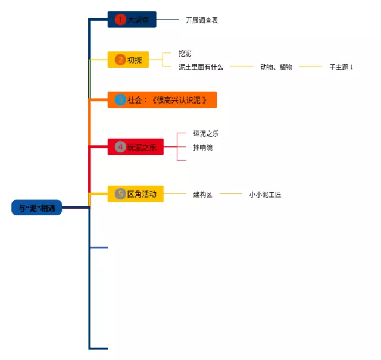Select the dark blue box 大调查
(132, 20)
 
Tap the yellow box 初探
(129, 60)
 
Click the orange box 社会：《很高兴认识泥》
(162, 100)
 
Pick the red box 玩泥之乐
(136, 147)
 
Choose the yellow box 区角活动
(136, 193)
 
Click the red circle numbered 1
(121, 20)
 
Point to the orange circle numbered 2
(121, 60)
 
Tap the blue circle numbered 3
(121, 100)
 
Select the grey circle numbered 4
(121, 147)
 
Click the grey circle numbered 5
(121, 193)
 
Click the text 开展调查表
(202, 20)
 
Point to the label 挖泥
(185, 54)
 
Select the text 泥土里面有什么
(201, 67)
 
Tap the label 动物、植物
(276, 67)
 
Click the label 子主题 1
(341, 67)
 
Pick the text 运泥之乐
(206, 134)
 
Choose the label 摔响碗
(202, 147)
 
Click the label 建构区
(202, 194)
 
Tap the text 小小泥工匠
(266, 194)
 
